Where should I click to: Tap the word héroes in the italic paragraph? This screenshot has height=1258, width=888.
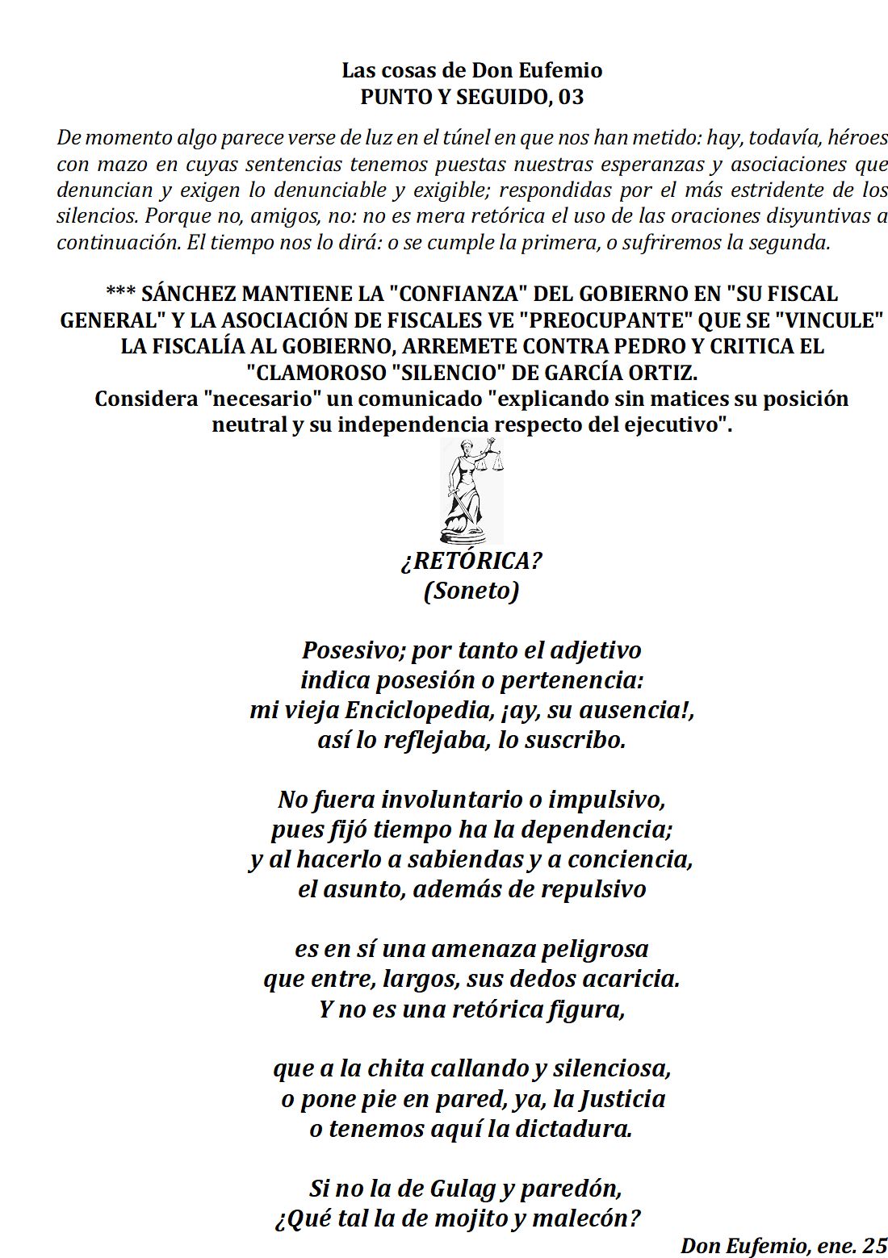[858, 138]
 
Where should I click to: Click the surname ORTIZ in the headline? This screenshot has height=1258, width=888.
[660, 373]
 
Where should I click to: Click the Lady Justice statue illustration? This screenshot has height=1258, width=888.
[471, 491]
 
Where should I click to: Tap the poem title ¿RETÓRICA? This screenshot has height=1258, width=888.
[471, 560]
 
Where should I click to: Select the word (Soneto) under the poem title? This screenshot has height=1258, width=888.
[471, 591]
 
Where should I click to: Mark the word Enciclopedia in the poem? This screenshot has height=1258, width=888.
[419, 710]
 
